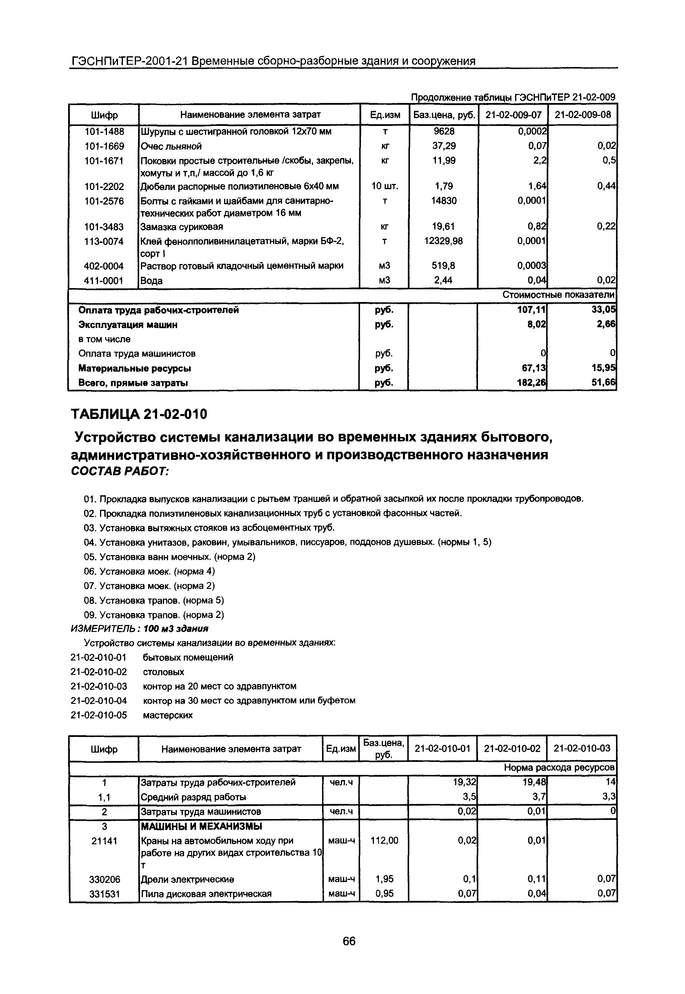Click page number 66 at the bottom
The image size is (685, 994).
coord(349,941)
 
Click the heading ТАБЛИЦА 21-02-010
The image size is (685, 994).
coord(139,414)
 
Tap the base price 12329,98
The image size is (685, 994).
coord(443,241)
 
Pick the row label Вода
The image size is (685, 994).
coord(152,281)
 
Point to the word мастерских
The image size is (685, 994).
coord(167,715)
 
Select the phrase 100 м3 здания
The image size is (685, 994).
coord(176,628)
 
